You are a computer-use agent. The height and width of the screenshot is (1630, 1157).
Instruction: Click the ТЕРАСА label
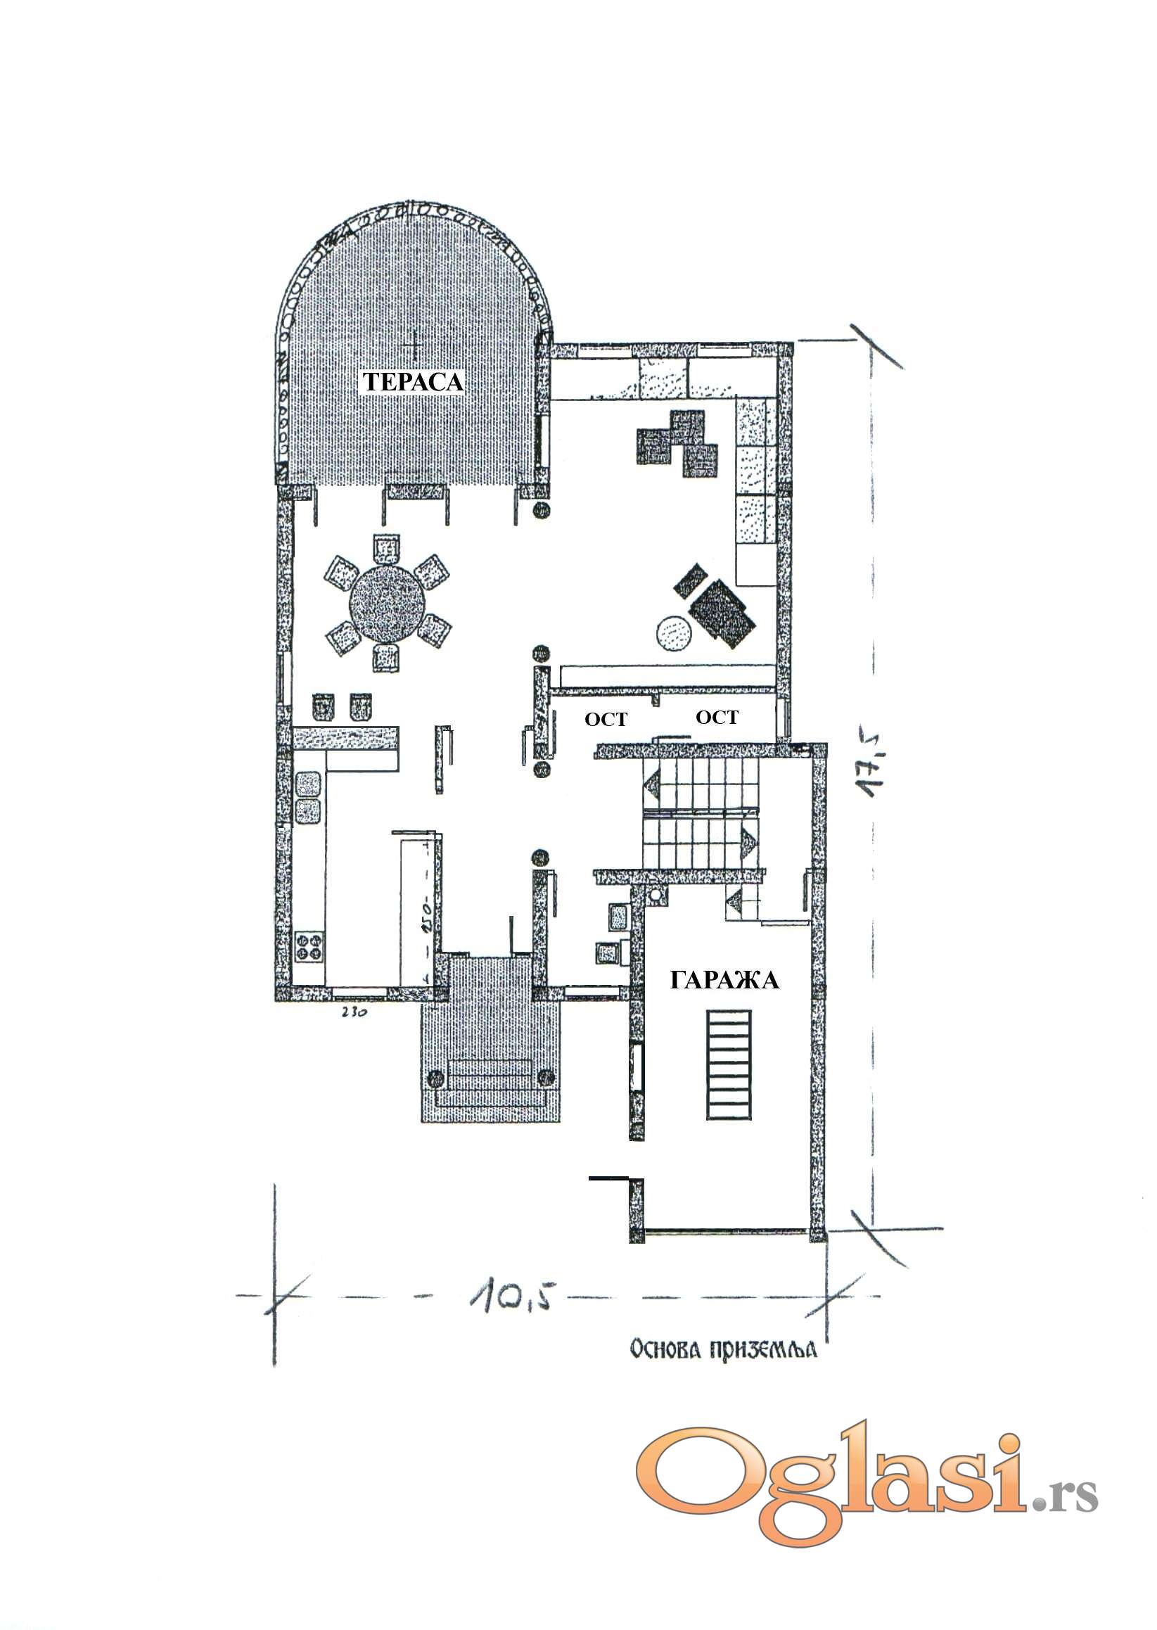tap(414, 382)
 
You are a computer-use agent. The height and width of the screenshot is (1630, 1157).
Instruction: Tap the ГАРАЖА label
tap(724, 980)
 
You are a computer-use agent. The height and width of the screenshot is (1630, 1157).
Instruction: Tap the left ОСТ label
tap(606, 720)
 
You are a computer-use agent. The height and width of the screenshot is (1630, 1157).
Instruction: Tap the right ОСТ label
tap(717, 717)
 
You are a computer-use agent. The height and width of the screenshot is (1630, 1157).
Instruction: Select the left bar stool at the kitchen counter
tap(324, 708)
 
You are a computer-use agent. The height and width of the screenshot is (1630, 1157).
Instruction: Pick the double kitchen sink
tap(308, 798)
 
